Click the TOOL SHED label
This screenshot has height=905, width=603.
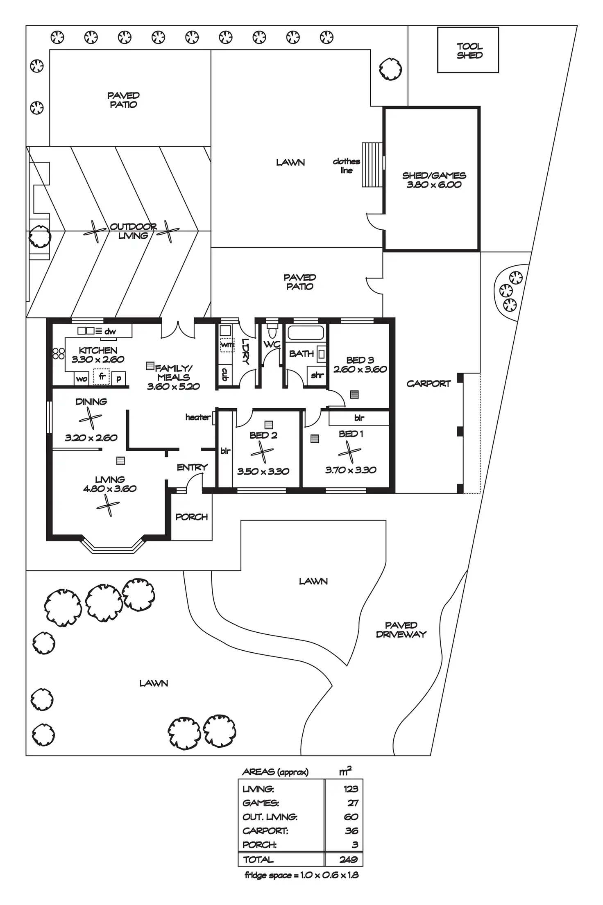(469, 51)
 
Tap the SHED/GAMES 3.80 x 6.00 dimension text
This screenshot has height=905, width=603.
(434, 185)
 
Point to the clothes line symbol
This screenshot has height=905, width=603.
(372, 165)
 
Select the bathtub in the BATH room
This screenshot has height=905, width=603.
(306, 333)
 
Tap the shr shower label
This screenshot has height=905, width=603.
(317, 375)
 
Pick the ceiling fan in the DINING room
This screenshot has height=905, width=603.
(91, 419)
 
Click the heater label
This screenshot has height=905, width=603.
(197, 417)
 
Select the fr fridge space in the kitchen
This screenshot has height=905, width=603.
(102, 376)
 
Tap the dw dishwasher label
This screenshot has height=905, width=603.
(110, 331)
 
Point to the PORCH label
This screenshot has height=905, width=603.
(191, 517)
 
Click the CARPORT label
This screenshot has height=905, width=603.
(428, 384)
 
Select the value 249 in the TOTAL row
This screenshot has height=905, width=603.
(348, 860)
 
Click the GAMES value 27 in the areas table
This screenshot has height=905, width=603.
(353, 803)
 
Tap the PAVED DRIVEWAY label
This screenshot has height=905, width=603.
(401, 630)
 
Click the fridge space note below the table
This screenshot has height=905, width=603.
(301, 875)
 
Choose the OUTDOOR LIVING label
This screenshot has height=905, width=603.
(133, 231)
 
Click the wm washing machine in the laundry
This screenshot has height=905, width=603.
(227, 345)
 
